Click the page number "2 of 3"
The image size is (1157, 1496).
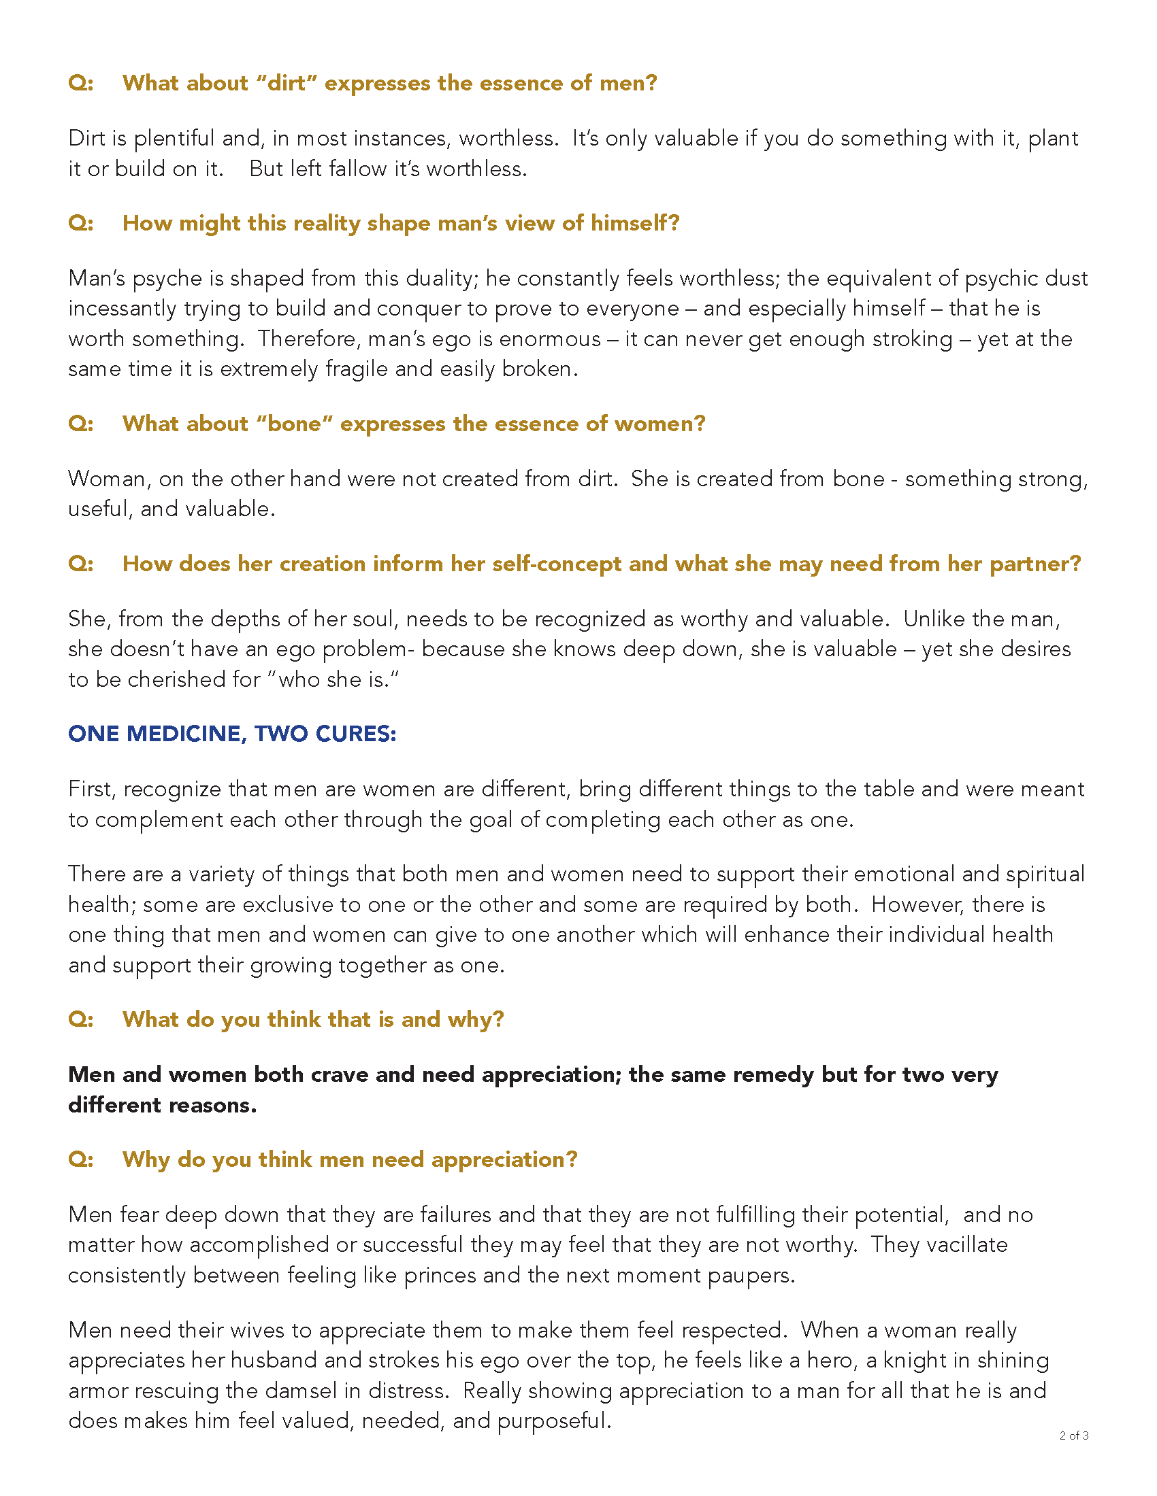point(1073,1435)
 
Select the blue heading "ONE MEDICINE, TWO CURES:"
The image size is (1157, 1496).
point(232,734)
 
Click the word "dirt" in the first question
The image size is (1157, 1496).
point(285,83)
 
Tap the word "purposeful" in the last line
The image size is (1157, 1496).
point(553,1421)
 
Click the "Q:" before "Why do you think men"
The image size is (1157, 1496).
point(81,1159)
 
